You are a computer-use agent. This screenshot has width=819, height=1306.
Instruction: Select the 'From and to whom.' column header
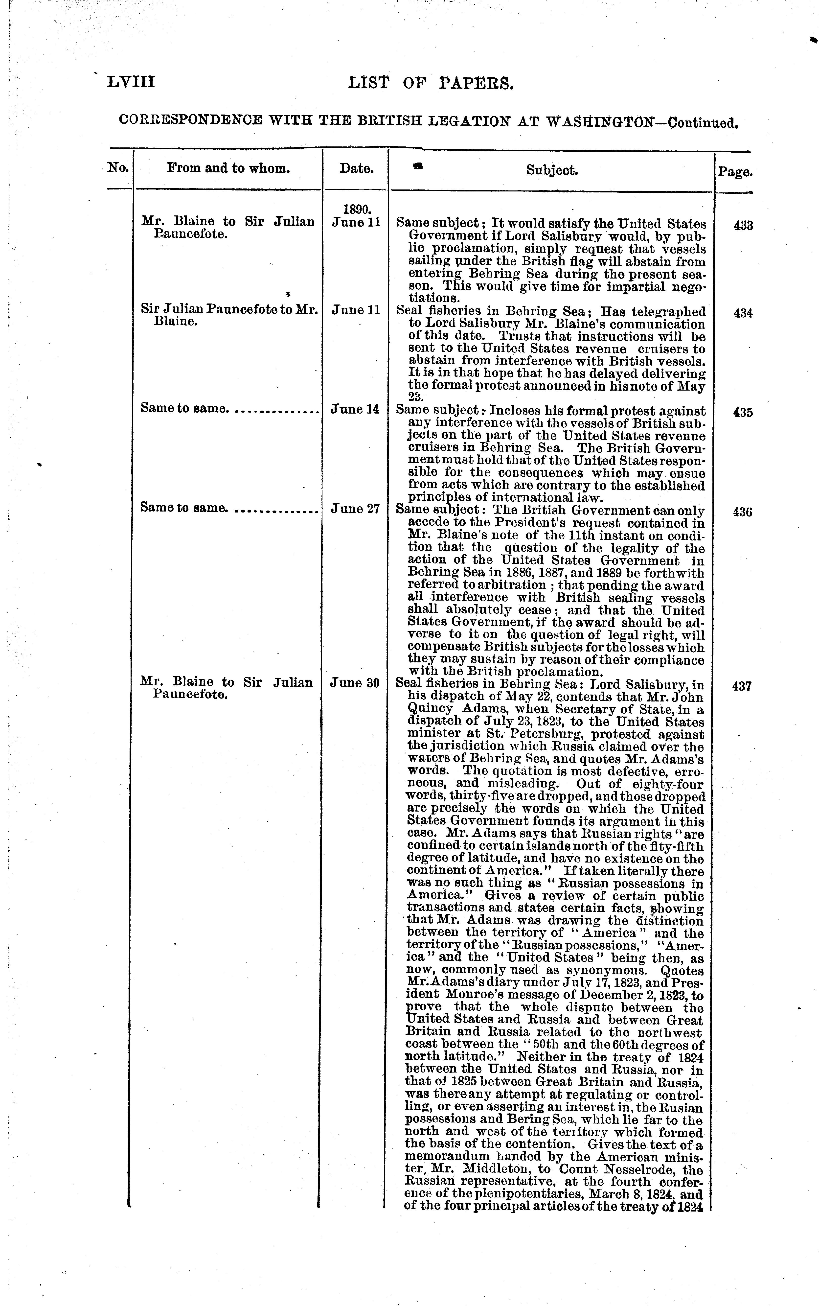228,168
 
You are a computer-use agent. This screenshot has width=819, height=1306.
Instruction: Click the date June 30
355,683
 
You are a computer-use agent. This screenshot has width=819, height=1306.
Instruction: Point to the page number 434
743,313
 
